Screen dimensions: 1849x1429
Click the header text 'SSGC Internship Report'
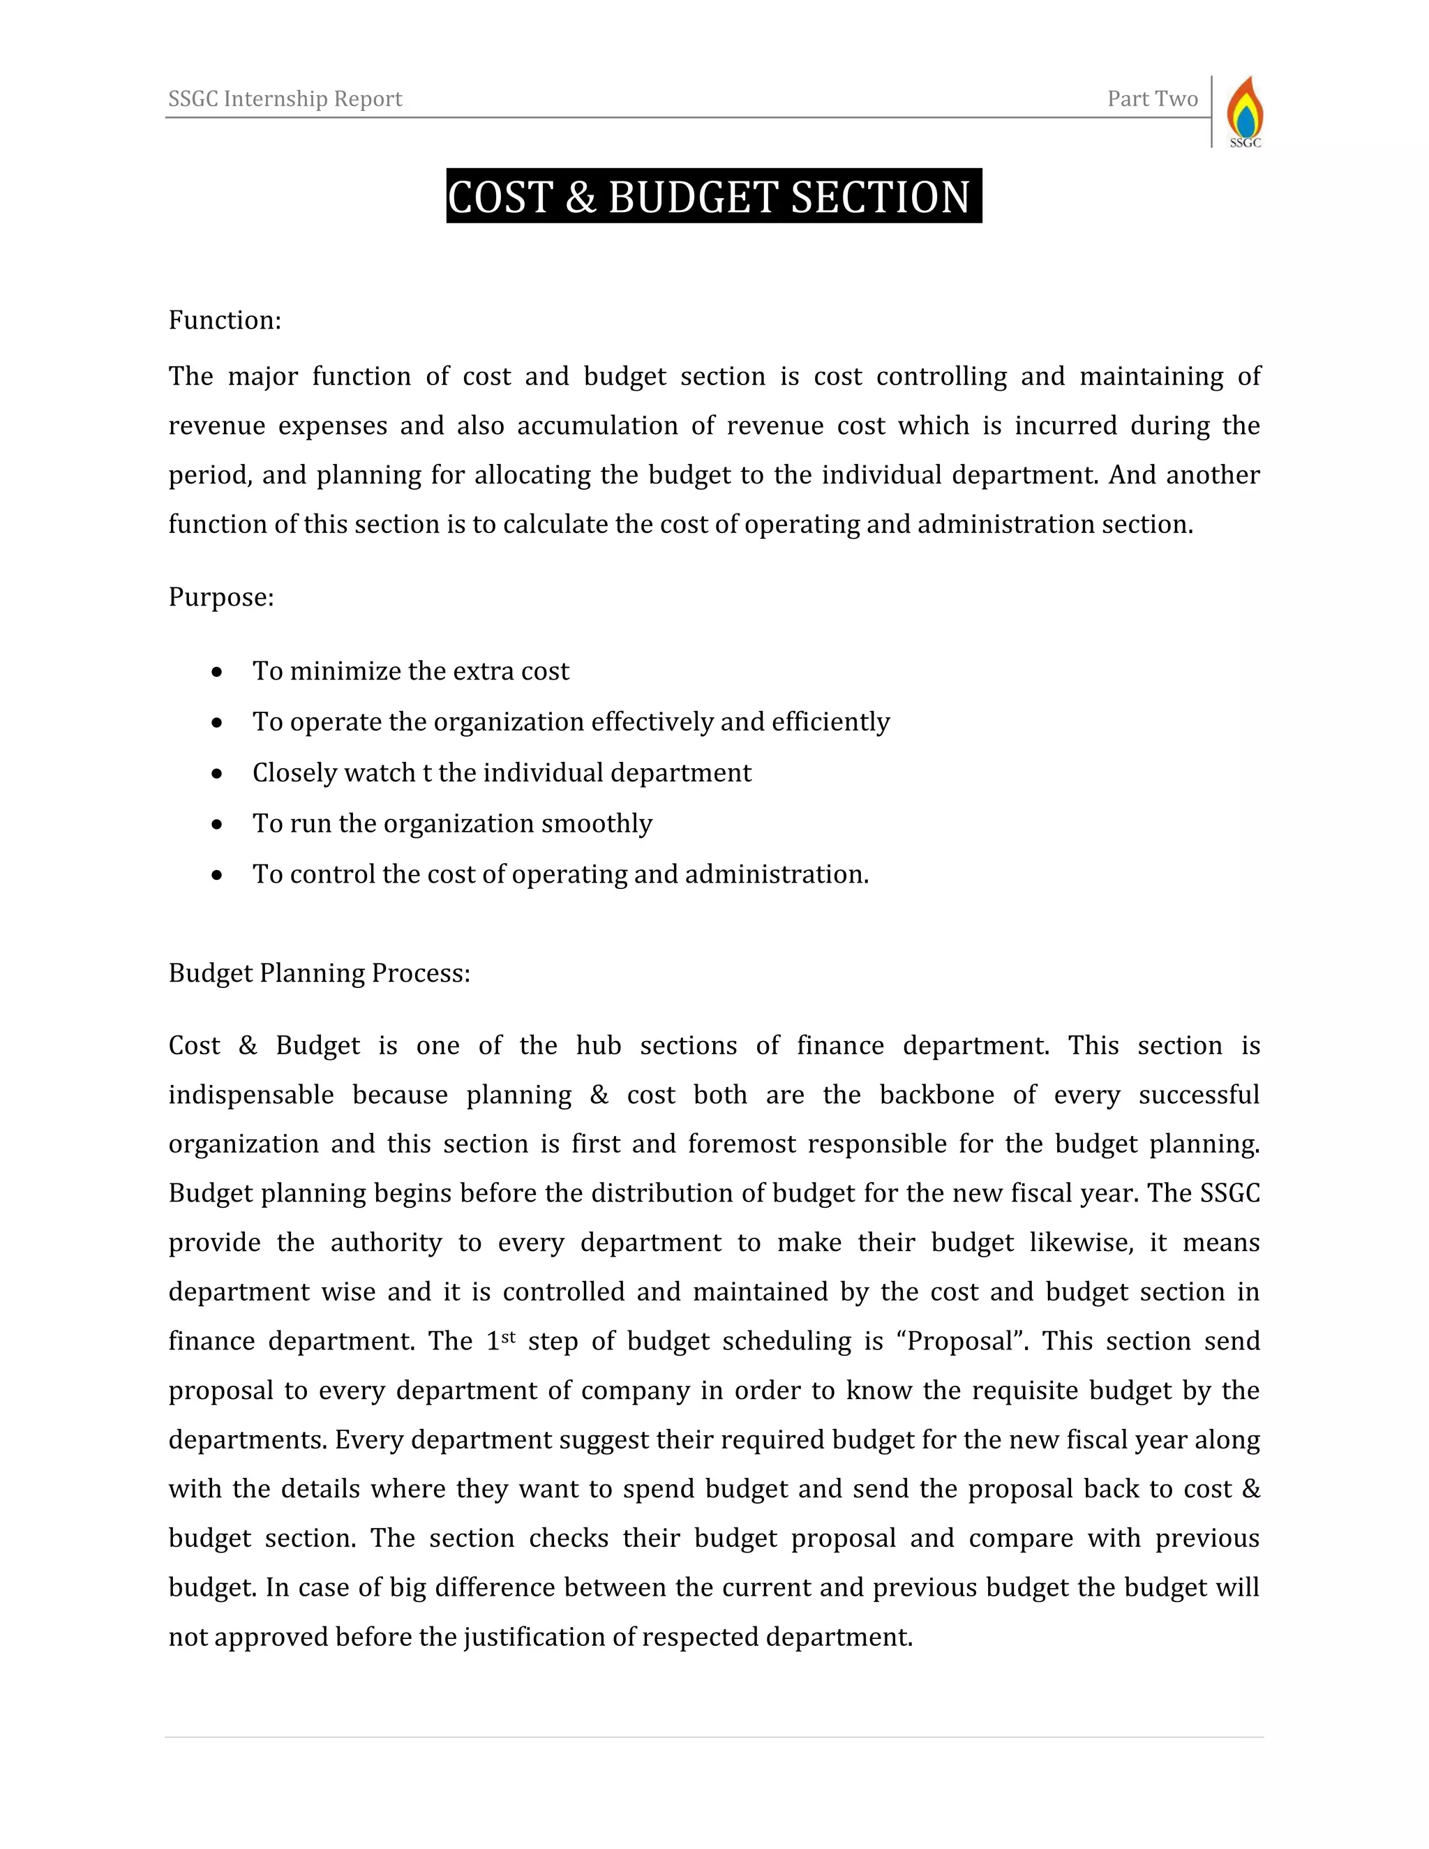tap(285, 99)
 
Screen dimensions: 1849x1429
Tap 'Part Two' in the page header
tap(1152, 99)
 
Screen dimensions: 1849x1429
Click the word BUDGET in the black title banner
tap(694, 197)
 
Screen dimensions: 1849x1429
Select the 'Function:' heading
tap(225, 320)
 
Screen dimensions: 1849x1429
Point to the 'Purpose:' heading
tap(221, 597)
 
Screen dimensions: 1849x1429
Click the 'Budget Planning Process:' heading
tap(319, 973)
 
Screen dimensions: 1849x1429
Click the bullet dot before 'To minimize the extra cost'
tap(218, 672)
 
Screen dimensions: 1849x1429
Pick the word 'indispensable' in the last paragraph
tap(251, 1095)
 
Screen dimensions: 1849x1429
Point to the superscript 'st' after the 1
tap(508, 1337)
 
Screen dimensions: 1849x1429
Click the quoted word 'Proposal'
tap(960, 1341)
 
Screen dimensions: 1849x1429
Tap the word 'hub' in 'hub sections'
tap(599, 1046)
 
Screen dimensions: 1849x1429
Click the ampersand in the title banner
tap(580, 197)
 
